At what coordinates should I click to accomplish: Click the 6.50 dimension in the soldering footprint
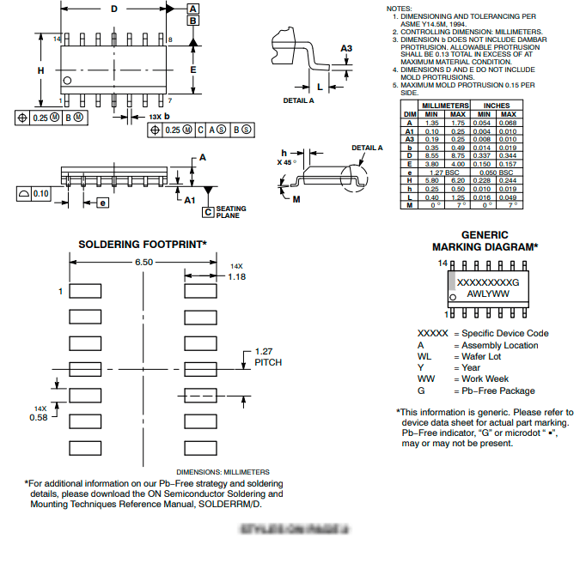pos(143,262)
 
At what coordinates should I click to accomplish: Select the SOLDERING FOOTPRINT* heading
pos(143,245)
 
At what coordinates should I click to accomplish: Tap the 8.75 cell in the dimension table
pos(458,155)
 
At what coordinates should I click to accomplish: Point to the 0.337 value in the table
pos(484,155)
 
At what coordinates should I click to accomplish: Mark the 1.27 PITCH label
pos(267,357)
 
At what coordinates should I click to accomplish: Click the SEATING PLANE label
pos(230,212)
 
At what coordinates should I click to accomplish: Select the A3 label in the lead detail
pos(346,49)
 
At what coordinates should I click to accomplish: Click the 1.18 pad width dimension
pos(237,276)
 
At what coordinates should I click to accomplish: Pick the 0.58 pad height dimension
pos(39,417)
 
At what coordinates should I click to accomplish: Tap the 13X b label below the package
pos(159,115)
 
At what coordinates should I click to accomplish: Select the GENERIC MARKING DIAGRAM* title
pos(485,240)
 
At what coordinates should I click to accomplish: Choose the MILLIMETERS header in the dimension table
pos(444,106)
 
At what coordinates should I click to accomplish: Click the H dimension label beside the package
pos(40,70)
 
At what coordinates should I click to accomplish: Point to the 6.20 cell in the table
pos(458,180)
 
